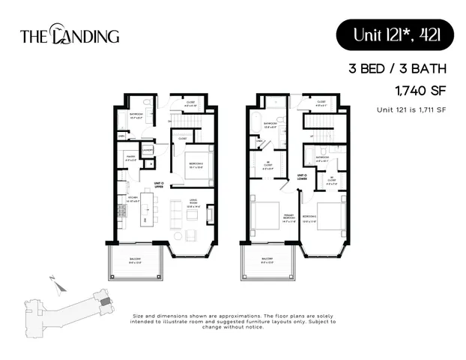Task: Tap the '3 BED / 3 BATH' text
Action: (397, 70)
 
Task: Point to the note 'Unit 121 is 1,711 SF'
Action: (411, 110)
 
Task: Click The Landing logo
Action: (70, 35)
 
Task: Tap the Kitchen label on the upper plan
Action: (130, 199)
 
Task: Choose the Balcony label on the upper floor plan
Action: (136, 262)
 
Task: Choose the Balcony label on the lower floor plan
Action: (268, 262)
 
